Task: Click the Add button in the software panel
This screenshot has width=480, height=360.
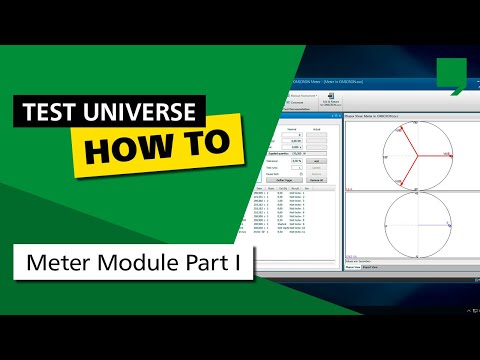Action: pos(317,159)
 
